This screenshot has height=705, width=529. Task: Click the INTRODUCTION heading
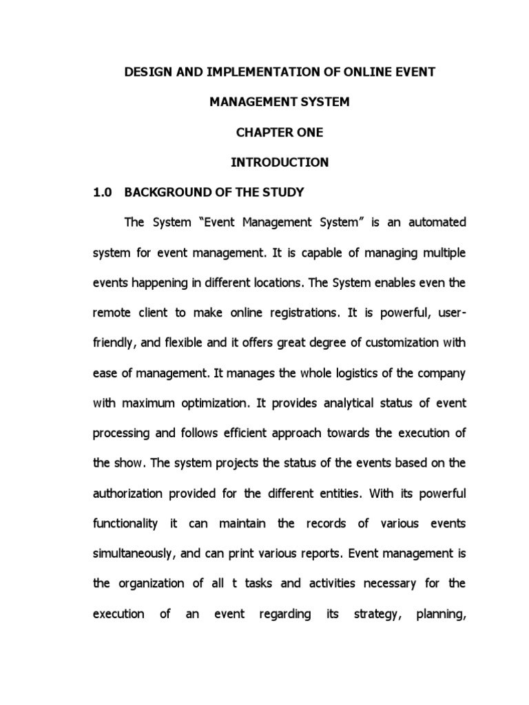(270, 162)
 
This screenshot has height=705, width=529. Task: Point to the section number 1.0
(101, 193)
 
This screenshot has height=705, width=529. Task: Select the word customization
(400, 343)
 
